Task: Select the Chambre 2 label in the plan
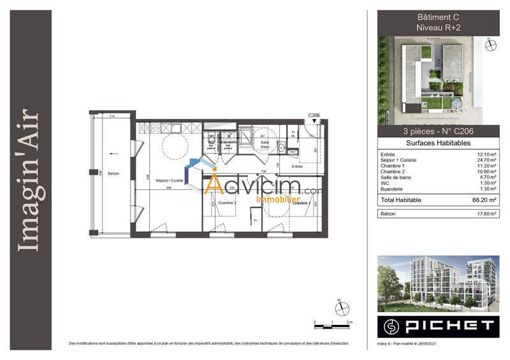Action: (x=227, y=203)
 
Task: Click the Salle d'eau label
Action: (x=265, y=145)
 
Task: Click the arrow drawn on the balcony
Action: (x=113, y=153)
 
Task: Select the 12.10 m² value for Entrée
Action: (x=486, y=154)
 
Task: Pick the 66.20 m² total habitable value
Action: (x=485, y=199)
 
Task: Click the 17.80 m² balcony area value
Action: (x=486, y=214)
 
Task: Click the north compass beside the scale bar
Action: (x=343, y=308)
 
